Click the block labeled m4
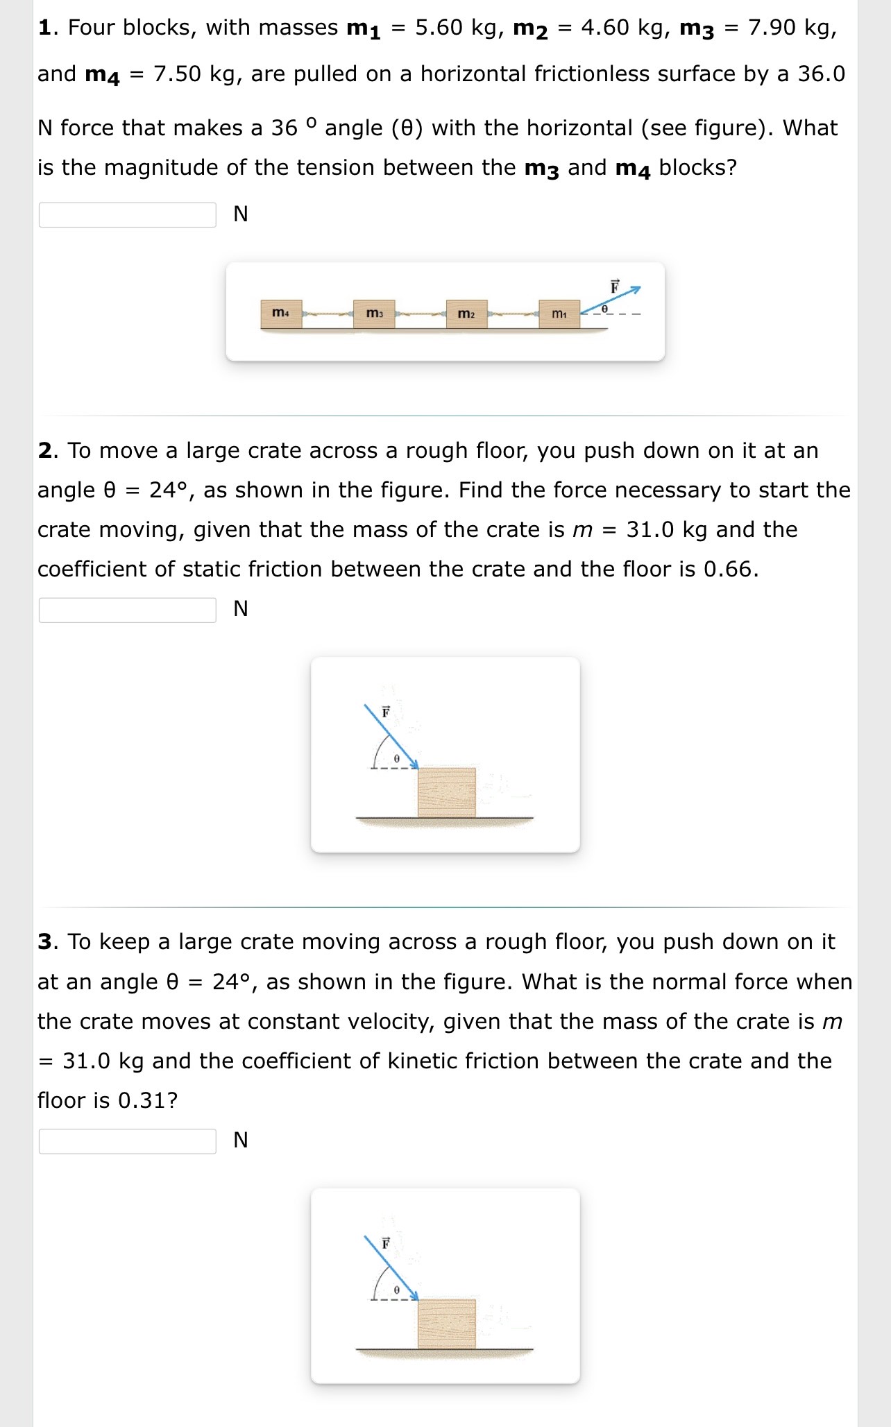281,314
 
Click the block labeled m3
374,314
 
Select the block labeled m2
466,314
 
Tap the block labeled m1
559,314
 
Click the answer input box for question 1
128,214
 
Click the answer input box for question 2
128,610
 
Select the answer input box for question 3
128,1141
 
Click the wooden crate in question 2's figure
447,792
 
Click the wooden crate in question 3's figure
447,1323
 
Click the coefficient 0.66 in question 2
728,570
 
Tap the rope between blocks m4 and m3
328,315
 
